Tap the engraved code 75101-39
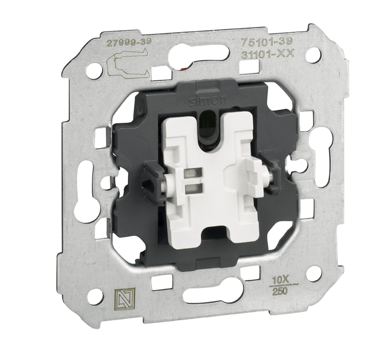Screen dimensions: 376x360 [267, 42]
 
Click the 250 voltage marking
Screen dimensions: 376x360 [279, 291]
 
